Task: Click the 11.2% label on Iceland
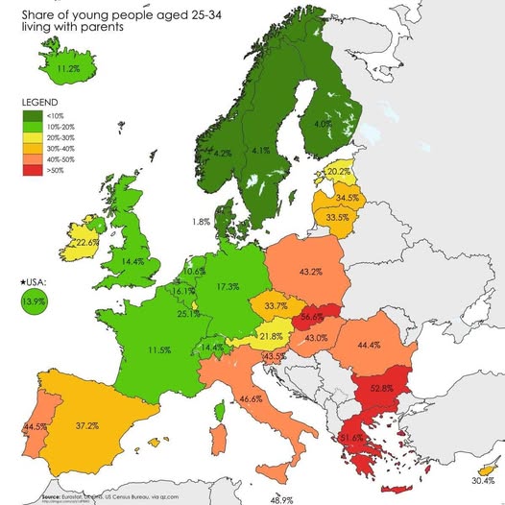click(x=68, y=69)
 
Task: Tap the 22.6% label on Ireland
click(x=87, y=243)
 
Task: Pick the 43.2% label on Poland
click(x=310, y=273)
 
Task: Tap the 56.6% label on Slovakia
click(x=311, y=316)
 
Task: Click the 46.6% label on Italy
click(x=251, y=398)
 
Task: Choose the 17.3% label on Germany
click(x=228, y=286)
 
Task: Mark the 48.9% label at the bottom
click(x=281, y=499)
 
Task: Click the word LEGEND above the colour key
click(x=39, y=102)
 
